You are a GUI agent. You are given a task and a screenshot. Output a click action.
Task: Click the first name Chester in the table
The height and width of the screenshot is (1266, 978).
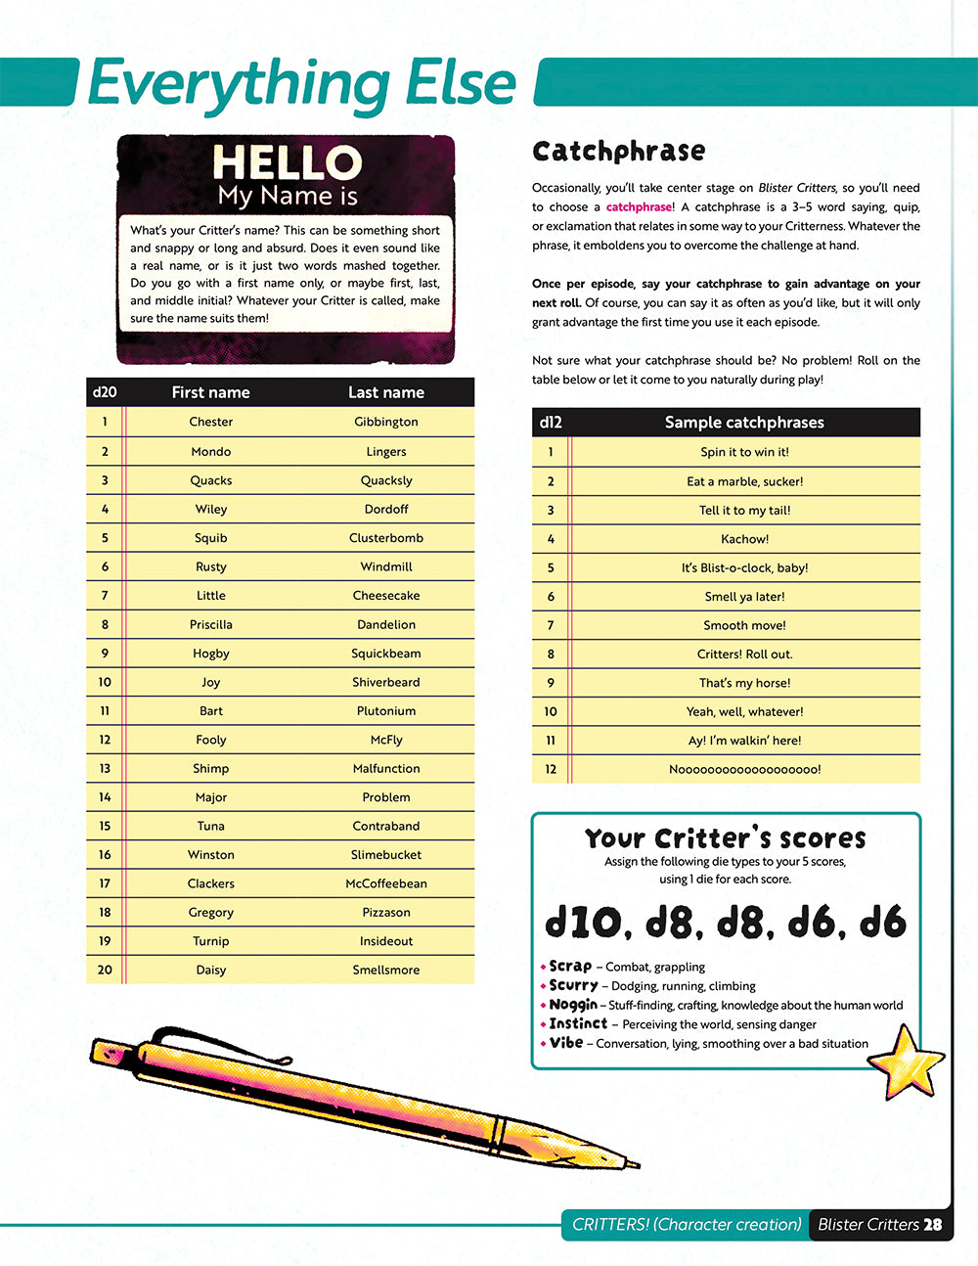[210, 422]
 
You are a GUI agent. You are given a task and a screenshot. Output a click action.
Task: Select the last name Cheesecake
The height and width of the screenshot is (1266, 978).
[385, 595]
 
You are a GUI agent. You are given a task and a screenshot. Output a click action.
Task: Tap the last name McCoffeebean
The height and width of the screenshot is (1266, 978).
[385, 883]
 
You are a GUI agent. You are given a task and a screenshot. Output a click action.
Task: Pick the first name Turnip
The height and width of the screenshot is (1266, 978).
[210, 941]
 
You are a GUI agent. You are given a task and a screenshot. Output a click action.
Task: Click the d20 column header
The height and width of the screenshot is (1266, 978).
[105, 392]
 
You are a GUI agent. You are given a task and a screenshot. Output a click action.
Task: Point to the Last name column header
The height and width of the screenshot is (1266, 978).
[385, 392]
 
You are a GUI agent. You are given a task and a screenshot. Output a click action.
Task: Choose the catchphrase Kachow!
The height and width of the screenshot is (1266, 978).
[744, 539]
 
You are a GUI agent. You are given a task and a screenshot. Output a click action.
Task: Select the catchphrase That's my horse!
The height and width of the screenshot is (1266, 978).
[744, 683]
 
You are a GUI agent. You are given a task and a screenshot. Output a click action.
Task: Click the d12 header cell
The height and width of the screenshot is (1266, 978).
[551, 423]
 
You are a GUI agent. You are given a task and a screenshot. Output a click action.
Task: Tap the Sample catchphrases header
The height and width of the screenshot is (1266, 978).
[744, 423]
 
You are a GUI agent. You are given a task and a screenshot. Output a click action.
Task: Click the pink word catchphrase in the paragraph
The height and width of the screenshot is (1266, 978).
[639, 207]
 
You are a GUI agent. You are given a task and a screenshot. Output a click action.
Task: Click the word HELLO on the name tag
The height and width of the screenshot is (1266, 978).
[287, 161]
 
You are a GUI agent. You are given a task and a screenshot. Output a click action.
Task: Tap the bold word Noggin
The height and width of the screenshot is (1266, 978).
[573, 1005]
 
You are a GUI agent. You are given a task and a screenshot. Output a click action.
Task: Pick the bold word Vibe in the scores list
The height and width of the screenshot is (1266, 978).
[566, 1043]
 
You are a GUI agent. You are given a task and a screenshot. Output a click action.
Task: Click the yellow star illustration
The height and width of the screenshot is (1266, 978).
[904, 1061]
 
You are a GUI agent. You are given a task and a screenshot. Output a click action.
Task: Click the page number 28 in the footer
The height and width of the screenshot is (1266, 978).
[932, 1225]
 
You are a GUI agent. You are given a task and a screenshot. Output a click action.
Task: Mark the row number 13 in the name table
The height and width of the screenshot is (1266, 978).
[105, 769]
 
